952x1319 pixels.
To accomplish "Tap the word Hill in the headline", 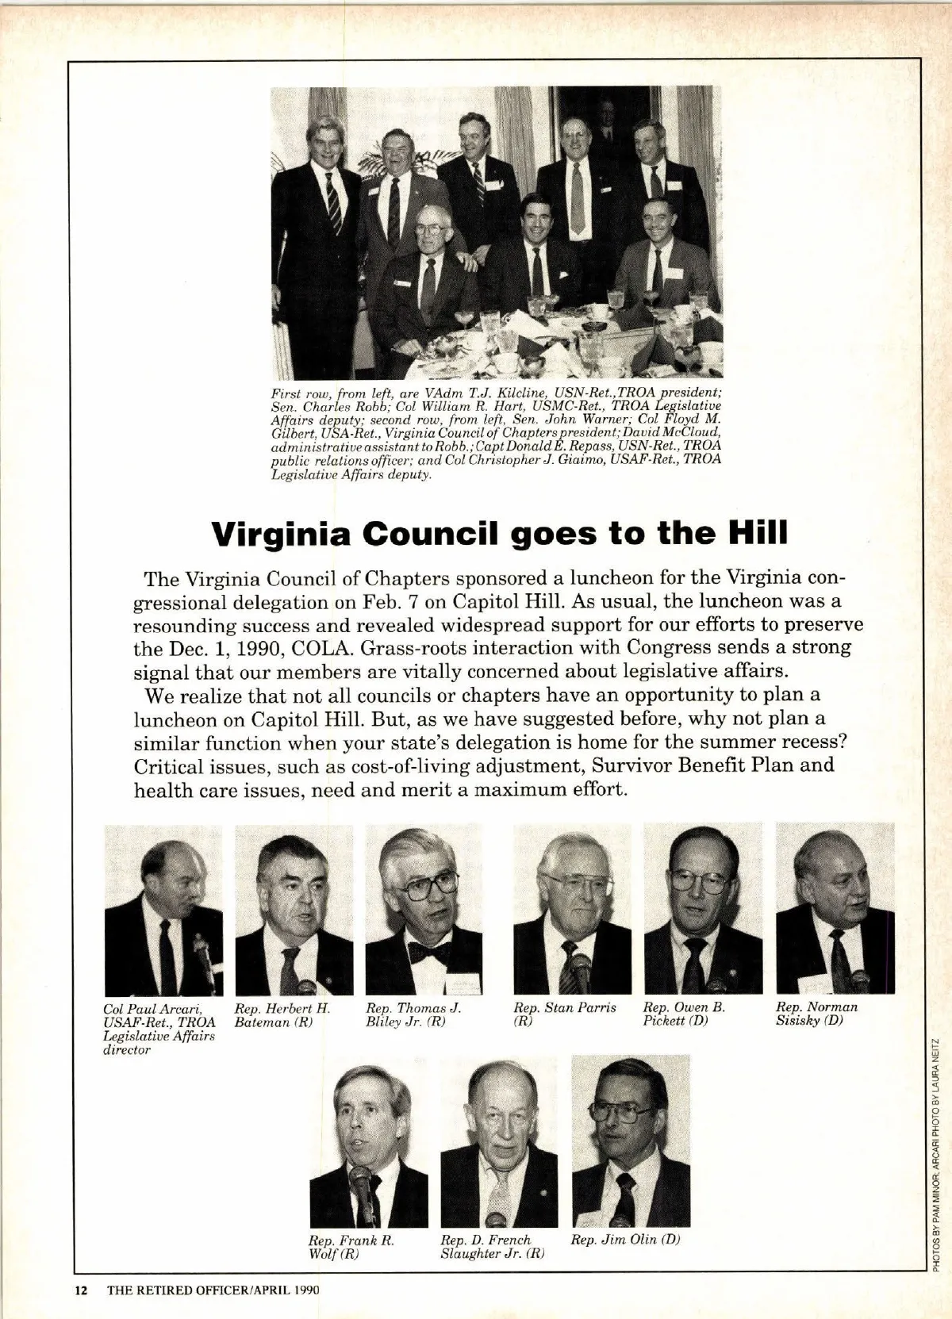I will point(757,532).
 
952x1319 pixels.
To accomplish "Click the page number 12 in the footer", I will point(80,1290).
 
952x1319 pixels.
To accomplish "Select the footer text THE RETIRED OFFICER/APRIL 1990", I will point(213,1290).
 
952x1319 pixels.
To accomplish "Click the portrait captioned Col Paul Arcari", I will point(163,909).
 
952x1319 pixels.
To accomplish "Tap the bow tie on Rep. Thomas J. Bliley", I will point(429,952).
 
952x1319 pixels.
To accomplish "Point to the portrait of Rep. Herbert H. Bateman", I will point(294,909).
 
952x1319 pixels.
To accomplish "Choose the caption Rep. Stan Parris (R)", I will point(564,1014).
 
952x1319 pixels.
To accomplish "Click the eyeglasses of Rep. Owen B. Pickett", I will point(699,881).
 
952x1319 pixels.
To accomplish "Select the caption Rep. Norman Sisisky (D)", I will point(816,1014).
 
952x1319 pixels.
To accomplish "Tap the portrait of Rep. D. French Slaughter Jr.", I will point(499,1141).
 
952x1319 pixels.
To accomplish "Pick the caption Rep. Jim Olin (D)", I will point(625,1240).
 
